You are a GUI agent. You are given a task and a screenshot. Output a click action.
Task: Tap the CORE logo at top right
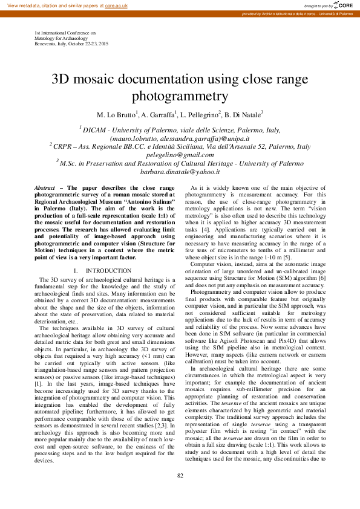[342, 5]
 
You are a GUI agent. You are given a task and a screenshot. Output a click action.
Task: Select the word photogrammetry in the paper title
[180, 96]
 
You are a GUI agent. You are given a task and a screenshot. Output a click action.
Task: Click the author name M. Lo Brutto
[117, 114]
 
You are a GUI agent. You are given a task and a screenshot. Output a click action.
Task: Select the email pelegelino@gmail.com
[180, 155]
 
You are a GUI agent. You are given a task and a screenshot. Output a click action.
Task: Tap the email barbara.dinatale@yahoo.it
[180, 172]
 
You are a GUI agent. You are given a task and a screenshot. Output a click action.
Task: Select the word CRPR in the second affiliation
[62, 147]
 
